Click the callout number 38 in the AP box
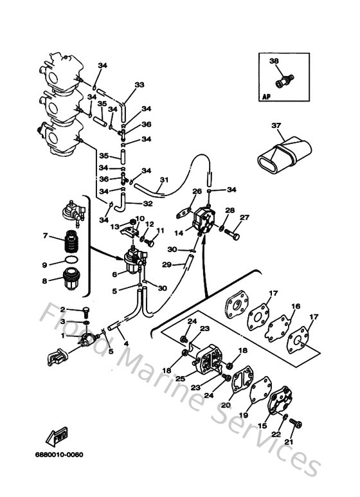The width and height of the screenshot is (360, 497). pos(274,62)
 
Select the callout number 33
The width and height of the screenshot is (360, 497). pos(139,85)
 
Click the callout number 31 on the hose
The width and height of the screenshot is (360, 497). pos(164,179)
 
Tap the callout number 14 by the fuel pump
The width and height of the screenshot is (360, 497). pos(179,234)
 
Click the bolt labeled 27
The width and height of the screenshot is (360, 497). pos(234,236)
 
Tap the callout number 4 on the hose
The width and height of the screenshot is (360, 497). pos(125,343)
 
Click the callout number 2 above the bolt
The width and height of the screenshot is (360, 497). pos(63,310)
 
